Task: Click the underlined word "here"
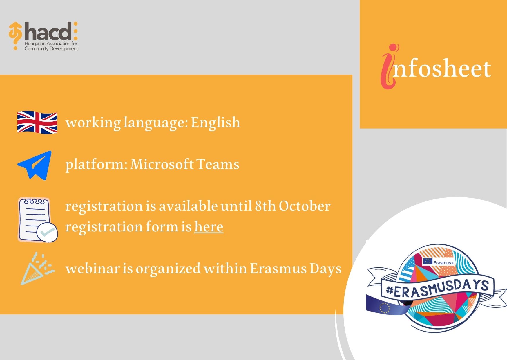point(209,226)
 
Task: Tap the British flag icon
point(37,123)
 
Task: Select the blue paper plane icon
point(35,165)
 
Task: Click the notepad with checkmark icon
point(38,220)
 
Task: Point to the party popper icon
point(37,269)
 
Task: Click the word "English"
point(216,123)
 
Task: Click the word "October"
point(305,206)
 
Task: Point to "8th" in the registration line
point(265,206)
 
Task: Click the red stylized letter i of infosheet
point(389,66)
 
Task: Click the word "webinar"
point(93,268)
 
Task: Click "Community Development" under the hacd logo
point(51,49)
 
